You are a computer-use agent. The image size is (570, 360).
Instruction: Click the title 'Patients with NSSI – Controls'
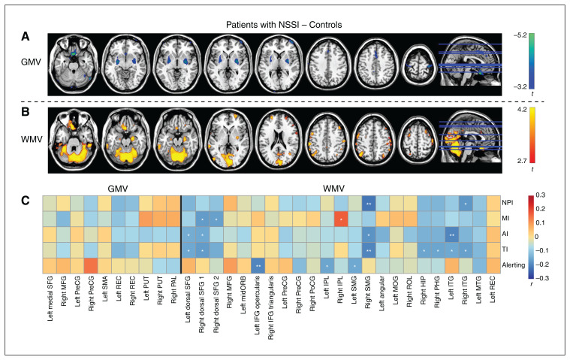click(284, 26)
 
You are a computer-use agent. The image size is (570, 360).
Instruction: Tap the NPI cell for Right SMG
click(368, 203)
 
